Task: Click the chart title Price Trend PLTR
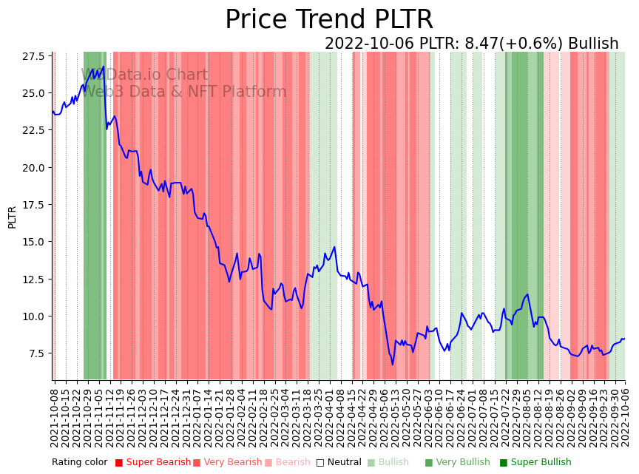click(328, 20)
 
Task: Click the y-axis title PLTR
click(12, 217)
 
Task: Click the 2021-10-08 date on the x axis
click(54, 418)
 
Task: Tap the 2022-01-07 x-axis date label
click(197, 418)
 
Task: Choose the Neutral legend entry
click(339, 463)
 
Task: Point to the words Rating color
click(79, 463)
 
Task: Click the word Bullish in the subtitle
click(593, 44)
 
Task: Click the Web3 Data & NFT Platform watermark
click(183, 92)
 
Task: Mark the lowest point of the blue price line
click(393, 364)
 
